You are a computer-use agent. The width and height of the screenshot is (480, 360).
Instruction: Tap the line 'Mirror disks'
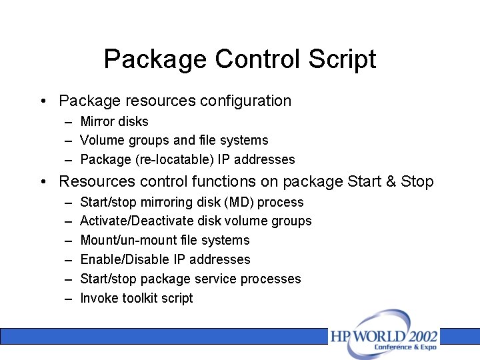point(114,121)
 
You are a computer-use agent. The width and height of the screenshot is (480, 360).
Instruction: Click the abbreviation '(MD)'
point(239,202)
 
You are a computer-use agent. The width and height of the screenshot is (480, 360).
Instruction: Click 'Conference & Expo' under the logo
point(405,347)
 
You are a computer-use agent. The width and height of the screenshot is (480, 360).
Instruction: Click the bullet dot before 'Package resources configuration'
point(42,101)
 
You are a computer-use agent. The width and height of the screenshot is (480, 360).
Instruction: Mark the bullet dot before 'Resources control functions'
point(42,181)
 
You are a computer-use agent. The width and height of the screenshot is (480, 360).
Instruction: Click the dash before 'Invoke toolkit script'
point(69,298)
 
